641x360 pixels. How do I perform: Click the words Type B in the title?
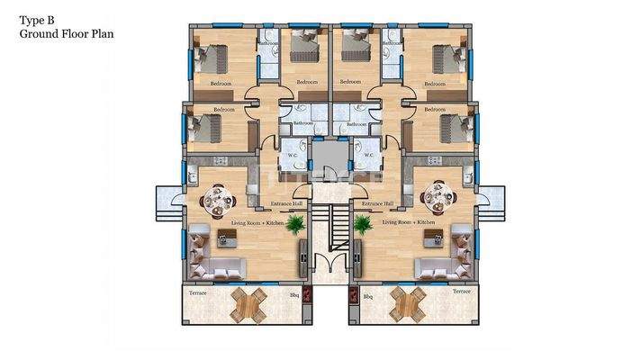coord(35,17)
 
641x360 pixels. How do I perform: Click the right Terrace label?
coord(461,293)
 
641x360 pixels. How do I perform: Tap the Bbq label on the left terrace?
coord(293,293)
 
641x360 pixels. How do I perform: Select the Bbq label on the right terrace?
coord(367,293)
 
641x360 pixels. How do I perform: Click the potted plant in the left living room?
coord(293,226)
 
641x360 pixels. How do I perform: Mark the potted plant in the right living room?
coord(363,225)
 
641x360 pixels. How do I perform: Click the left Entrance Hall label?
coord(285,205)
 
